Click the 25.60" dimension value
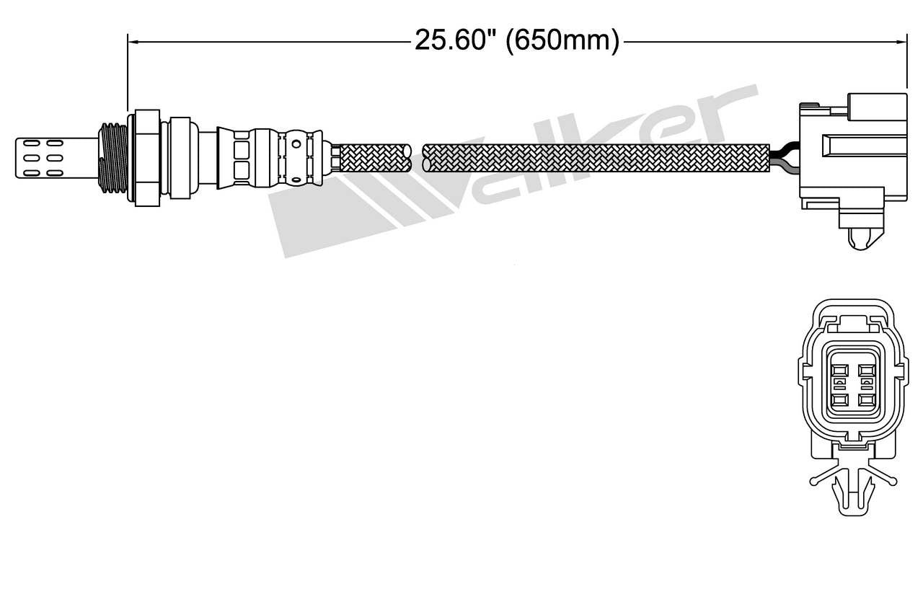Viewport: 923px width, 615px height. click(456, 41)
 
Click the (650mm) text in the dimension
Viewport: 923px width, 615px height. click(562, 41)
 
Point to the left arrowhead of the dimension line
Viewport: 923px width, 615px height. click(133, 42)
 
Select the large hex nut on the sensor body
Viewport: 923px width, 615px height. click(146, 156)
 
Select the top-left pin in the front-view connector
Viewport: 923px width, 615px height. click(839, 373)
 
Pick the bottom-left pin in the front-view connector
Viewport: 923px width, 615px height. click(839, 399)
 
